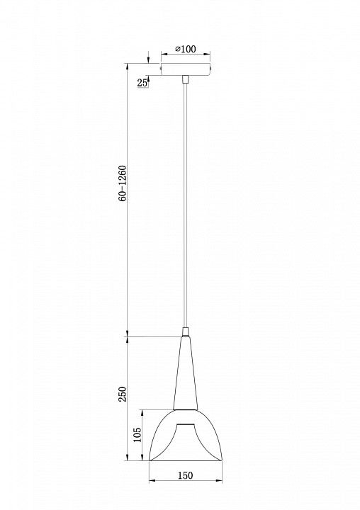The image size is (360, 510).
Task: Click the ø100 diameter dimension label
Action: tap(186, 49)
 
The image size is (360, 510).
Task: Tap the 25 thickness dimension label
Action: tap(142, 83)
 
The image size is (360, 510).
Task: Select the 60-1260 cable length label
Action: tap(123, 183)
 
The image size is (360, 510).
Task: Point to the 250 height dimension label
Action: tap(123, 395)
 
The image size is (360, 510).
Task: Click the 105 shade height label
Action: tap(137, 434)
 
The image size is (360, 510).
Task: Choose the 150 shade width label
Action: tap(186, 475)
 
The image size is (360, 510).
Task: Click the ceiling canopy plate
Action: tap(186, 69)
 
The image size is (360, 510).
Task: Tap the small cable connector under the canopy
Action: tap(186, 79)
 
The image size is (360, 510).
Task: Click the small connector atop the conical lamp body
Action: tap(186, 332)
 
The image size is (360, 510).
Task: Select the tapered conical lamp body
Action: tap(186, 373)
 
